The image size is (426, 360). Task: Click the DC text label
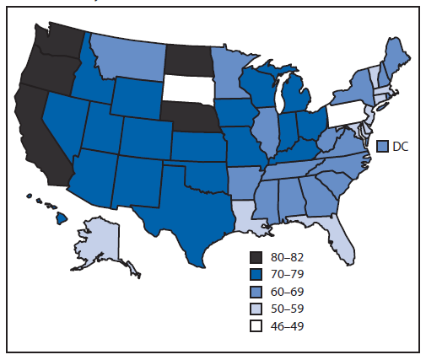(x=402, y=146)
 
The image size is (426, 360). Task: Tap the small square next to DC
(x=382, y=146)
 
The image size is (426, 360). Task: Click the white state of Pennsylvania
(x=347, y=113)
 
